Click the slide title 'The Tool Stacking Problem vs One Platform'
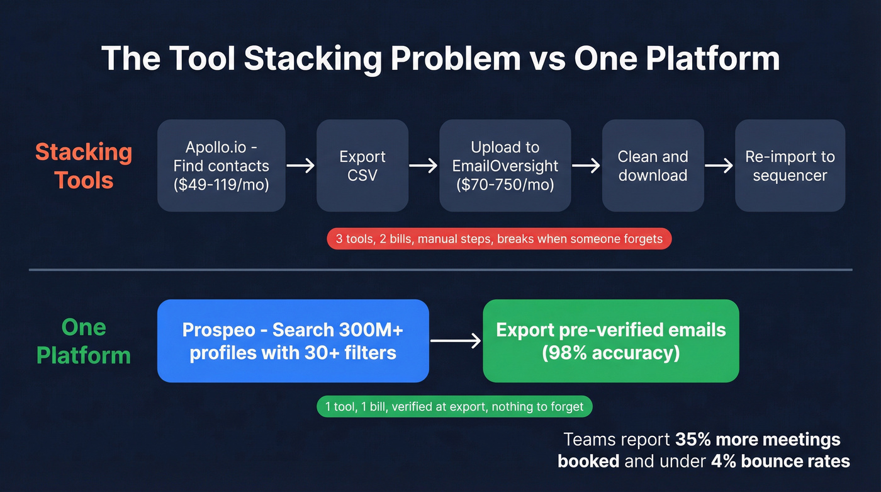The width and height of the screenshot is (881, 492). click(x=440, y=59)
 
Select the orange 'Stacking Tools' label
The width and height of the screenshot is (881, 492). click(x=83, y=166)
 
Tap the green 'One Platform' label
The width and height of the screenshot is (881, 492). click(x=83, y=341)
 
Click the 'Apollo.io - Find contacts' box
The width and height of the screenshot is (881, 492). click(x=221, y=166)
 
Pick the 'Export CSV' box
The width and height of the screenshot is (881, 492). click(x=362, y=166)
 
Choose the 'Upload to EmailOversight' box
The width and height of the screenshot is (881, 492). click(x=505, y=166)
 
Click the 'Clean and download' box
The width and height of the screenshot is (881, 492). click(x=653, y=166)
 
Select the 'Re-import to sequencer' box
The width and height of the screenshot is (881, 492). click(x=789, y=166)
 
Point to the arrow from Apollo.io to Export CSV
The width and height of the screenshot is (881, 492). click(x=301, y=166)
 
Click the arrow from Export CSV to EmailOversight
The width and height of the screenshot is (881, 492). click(x=424, y=166)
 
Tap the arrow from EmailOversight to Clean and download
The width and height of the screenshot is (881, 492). click(x=586, y=166)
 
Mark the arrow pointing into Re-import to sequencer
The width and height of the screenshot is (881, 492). click(x=719, y=166)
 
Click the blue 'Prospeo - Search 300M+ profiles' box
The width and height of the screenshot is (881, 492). click(x=293, y=341)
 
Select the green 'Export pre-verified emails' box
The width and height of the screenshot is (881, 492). click(x=610, y=341)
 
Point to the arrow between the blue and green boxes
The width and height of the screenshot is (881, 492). click(x=455, y=341)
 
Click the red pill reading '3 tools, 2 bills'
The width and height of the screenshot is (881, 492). click(x=499, y=239)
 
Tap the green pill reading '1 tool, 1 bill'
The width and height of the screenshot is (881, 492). click(x=454, y=407)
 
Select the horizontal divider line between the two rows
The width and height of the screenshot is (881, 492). click(x=440, y=270)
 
